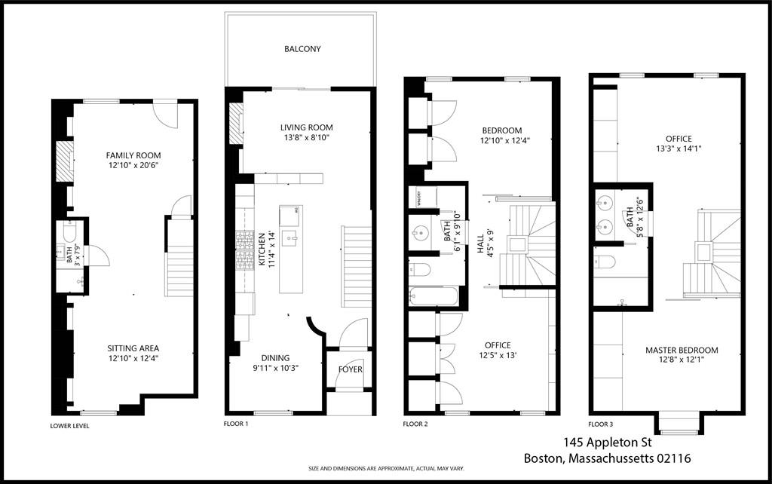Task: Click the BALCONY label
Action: coord(302,49)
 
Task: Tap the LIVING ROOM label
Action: coord(306,127)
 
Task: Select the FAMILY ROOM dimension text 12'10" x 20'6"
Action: coord(133,165)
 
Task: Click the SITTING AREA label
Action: coord(133,348)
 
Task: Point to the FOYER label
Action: coord(351,369)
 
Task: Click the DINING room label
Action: coord(276,358)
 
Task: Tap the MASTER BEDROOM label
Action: coord(682,351)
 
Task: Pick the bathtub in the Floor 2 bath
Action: coord(433,296)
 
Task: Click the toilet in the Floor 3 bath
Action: coord(605,262)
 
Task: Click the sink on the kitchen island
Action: coord(290,239)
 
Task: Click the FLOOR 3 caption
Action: coord(602,424)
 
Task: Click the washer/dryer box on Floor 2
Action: coord(418,198)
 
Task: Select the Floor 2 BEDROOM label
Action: coord(501,130)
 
